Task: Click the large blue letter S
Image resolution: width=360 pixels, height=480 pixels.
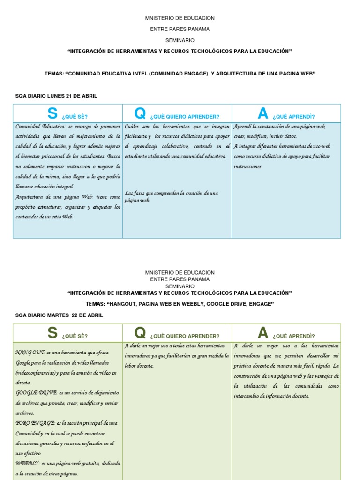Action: coord(52,113)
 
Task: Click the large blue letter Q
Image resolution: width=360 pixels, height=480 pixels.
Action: coord(140,113)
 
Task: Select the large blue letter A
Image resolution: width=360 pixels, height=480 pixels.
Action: coord(263,113)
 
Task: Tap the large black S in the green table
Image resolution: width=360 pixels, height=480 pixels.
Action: coord(52,333)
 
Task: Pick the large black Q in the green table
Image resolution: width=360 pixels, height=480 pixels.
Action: coord(140,333)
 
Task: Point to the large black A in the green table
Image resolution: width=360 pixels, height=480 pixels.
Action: coord(263,333)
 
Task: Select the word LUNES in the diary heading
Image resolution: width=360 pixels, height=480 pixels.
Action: coord(54,96)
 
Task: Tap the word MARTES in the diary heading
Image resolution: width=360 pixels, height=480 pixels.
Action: coord(57,315)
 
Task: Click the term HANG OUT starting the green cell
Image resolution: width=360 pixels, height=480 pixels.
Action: coord(30,352)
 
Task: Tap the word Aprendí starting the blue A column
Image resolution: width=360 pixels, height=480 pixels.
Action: coord(243,127)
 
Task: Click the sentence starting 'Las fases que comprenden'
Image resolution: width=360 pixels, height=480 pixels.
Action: coord(171,196)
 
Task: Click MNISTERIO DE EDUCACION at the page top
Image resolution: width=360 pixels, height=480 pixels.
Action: coord(180,18)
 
